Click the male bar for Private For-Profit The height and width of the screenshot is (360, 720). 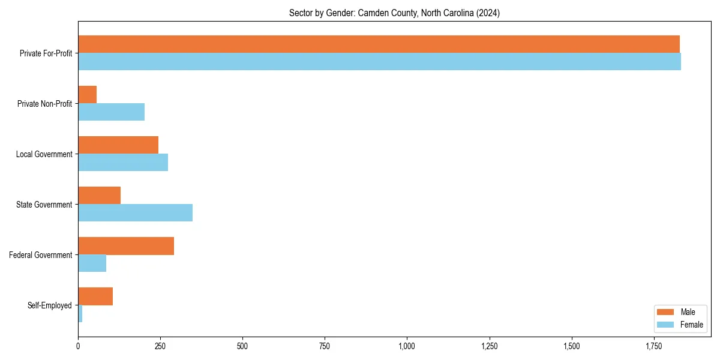[378, 44]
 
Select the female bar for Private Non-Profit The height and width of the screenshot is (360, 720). [111, 112]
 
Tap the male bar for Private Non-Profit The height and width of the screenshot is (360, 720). [87, 95]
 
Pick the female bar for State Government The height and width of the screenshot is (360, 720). [135, 213]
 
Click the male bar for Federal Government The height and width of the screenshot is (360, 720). [126, 246]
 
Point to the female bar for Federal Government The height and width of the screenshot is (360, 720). [92, 263]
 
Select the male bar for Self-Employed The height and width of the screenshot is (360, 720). [95, 296]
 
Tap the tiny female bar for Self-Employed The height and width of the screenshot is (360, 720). [80, 314]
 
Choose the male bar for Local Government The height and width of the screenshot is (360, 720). [118, 145]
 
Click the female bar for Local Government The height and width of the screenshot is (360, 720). [123, 163]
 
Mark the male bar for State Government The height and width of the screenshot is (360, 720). [99, 196]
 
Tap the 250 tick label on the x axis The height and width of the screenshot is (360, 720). [160, 346]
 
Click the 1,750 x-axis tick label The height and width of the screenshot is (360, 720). [654, 346]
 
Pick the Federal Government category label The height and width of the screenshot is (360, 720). [40, 255]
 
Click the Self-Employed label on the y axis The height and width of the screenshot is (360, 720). [49, 305]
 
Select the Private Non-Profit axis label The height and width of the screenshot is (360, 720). [44, 104]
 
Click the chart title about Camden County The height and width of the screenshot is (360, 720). [394, 13]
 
